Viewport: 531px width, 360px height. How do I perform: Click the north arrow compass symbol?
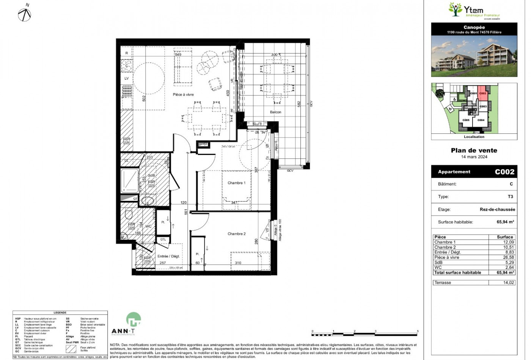pos(25,14)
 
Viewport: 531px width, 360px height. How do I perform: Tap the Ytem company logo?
pos(474,11)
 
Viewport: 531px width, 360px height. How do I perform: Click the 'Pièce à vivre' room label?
pos(183,94)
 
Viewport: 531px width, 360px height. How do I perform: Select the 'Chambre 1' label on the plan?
pos(236,183)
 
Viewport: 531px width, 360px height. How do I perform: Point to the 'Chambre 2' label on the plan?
pos(236,234)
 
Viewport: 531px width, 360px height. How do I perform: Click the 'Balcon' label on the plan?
pos(275,112)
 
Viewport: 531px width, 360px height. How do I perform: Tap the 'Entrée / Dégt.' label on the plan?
pos(168,256)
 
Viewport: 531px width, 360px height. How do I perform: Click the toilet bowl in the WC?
pos(128,215)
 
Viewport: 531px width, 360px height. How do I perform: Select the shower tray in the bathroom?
pos(129,180)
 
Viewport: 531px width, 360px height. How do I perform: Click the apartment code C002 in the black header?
pos(504,172)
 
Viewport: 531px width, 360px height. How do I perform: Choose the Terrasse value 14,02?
pos(508,283)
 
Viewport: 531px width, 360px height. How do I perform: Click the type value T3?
pos(510,197)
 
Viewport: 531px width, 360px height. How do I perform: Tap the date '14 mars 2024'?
pos(474,157)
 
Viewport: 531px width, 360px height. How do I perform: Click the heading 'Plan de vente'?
pos(474,150)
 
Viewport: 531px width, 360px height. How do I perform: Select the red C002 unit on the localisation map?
pos(482,94)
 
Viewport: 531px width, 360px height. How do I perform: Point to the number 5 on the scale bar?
pos(418,331)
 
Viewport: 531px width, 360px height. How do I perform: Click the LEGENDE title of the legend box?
pos(60,313)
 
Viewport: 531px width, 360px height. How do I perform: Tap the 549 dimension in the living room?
pos(178,55)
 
